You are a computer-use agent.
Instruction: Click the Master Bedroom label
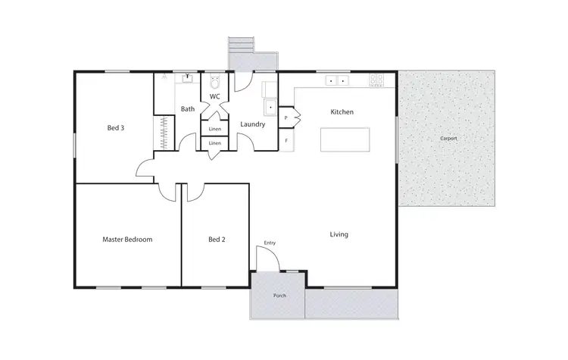(x=127, y=239)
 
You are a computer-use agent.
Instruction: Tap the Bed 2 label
(x=217, y=239)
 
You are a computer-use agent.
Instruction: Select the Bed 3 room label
(x=115, y=127)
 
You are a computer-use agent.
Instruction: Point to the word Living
(x=339, y=234)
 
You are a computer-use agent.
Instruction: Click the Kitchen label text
(x=342, y=112)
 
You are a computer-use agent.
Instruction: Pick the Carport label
(x=448, y=139)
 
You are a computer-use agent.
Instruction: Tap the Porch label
(x=279, y=296)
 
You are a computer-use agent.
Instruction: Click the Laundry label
(x=252, y=124)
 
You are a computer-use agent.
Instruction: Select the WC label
(x=214, y=97)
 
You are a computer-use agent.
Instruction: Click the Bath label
(x=188, y=109)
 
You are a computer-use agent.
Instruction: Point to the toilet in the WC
(x=214, y=80)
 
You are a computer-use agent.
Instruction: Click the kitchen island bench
(x=345, y=140)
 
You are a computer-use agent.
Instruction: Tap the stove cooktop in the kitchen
(x=376, y=80)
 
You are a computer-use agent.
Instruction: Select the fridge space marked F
(x=286, y=140)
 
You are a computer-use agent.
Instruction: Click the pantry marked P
(x=286, y=118)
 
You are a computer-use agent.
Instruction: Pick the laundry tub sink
(x=269, y=107)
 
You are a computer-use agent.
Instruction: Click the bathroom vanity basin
(x=186, y=78)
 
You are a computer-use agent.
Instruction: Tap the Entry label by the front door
(x=270, y=243)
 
